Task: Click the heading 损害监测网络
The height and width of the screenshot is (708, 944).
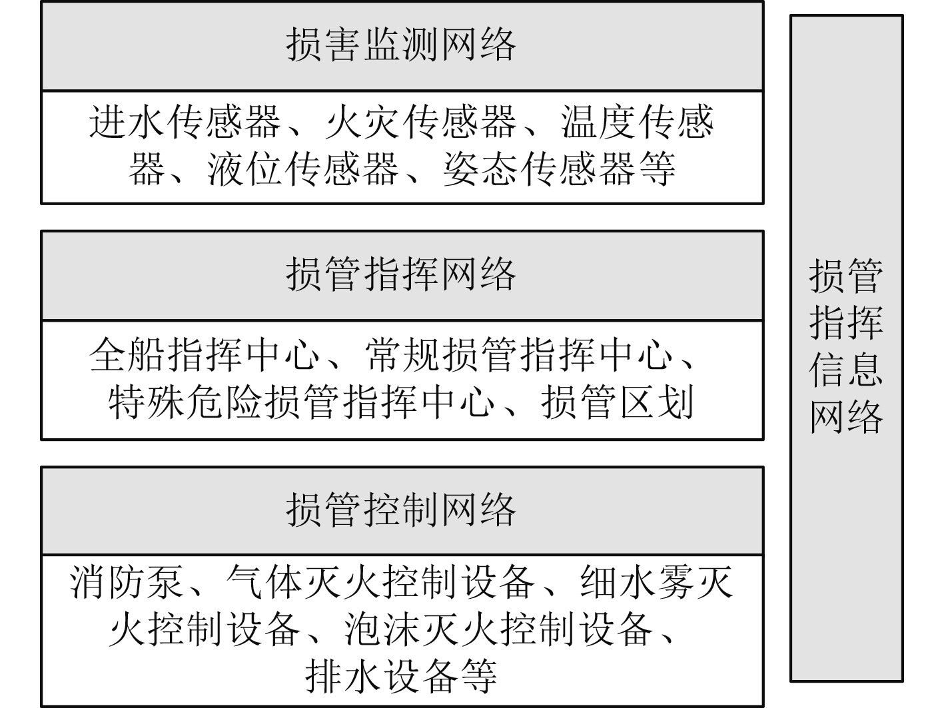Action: [401, 45]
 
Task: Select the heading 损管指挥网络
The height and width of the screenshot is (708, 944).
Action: [401, 274]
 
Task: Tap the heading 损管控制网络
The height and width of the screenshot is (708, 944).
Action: [401, 510]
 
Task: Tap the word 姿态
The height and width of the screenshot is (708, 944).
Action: [481, 168]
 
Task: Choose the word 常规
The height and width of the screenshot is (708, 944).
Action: [403, 355]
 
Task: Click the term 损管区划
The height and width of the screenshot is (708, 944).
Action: [618, 402]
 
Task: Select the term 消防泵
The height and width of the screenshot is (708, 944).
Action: [127, 581]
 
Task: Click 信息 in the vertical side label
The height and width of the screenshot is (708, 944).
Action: [846, 370]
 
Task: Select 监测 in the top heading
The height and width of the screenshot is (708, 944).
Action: [401, 45]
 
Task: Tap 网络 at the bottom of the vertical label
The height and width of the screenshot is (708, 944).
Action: [846, 417]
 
